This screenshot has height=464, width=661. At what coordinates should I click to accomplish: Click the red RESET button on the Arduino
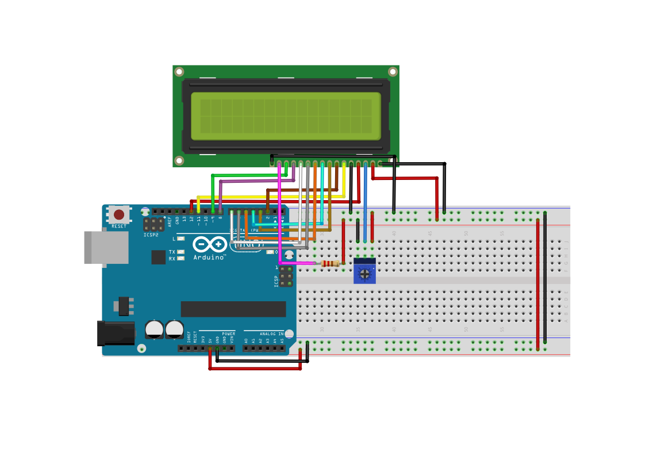coord(119,214)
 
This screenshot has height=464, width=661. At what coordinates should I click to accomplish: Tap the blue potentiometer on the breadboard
coord(364,271)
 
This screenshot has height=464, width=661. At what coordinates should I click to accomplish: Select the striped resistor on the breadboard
coord(330,264)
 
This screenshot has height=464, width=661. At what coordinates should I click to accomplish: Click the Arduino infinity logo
coord(209,244)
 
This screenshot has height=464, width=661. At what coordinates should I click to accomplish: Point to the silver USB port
coord(106,247)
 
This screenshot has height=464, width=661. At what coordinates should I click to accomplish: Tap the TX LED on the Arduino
coord(181,252)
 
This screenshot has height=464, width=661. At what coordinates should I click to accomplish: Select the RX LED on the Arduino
coord(181,259)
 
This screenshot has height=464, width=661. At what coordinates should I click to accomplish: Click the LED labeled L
coord(181,239)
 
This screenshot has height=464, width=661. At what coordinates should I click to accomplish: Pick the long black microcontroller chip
coord(233,309)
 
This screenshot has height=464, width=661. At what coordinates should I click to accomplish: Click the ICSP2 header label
coord(151,235)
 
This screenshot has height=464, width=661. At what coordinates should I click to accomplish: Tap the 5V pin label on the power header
coord(210,340)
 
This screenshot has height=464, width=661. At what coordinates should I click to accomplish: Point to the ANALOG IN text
coord(271,333)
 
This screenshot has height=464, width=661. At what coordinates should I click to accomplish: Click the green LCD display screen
coord(286,116)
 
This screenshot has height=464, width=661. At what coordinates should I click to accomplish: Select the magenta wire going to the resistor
coord(280,218)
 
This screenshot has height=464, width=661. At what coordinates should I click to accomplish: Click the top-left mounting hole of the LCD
coord(179,72)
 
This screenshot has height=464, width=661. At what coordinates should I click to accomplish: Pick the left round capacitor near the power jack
coord(153,329)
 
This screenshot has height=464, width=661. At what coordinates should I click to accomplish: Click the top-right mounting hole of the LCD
coord(393,72)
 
